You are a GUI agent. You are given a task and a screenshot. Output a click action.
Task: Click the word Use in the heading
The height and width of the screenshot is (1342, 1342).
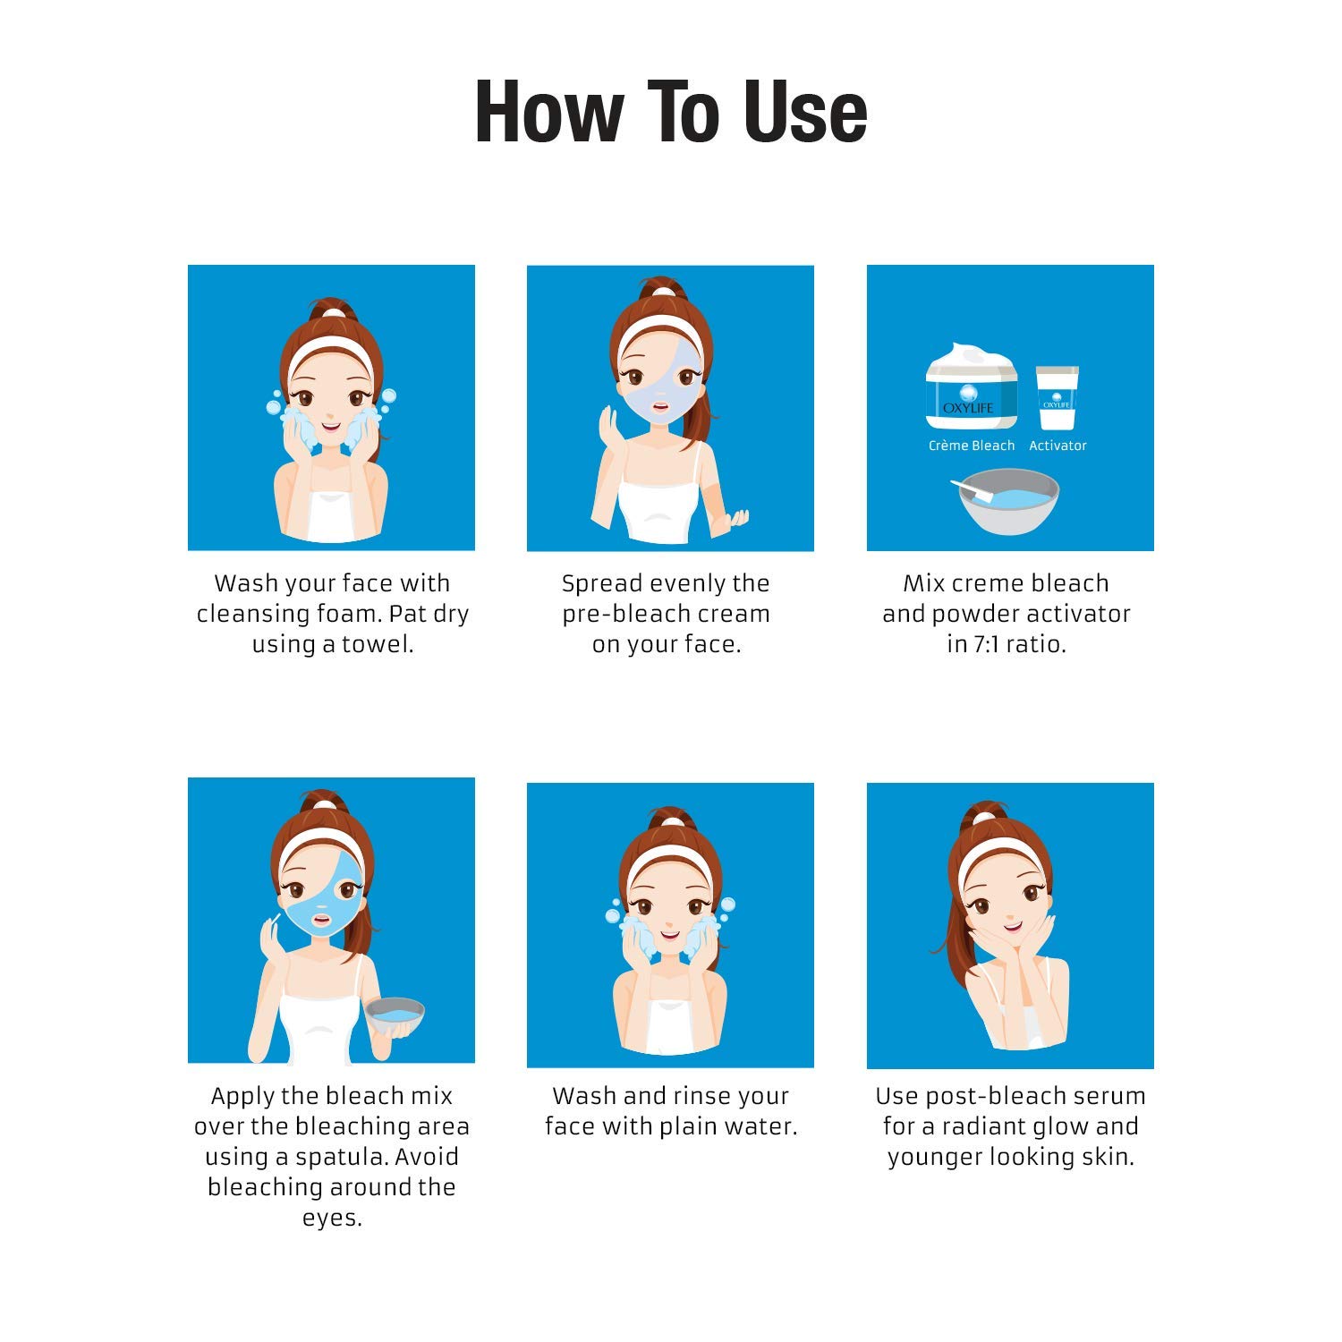[x=804, y=112]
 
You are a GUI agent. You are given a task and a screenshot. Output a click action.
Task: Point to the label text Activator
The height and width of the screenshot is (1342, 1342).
[x=1057, y=446]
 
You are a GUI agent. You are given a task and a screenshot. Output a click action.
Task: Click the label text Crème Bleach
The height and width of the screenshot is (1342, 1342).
[x=972, y=446]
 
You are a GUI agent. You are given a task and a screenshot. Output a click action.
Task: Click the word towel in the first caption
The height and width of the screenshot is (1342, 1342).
[x=385, y=644]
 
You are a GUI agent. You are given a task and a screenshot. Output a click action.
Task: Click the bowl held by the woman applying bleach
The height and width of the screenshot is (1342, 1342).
[x=394, y=1016]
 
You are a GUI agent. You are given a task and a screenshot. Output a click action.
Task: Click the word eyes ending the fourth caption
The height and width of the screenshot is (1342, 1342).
[x=331, y=1218]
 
